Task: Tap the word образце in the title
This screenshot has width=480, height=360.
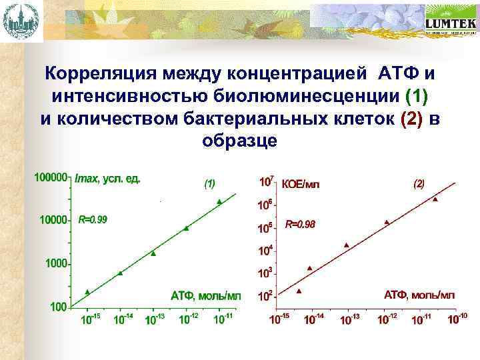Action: (x=239, y=141)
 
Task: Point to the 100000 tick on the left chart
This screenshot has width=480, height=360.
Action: (x=50, y=178)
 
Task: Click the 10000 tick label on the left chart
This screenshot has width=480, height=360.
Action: (x=53, y=220)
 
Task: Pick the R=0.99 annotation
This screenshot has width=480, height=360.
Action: (x=93, y=219)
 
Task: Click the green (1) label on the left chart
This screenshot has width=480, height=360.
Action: (x=209, y=183)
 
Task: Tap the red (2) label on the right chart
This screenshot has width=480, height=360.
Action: (x=419, y=183)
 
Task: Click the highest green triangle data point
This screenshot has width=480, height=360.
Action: (x=219, y=201)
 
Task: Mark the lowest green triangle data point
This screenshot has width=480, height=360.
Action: (x=87, y=292)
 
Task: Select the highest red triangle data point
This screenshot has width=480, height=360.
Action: (x=435, y=199)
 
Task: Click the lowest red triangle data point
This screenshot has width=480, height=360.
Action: (x=299, y=291)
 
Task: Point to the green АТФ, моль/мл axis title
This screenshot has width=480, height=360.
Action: (x=205, y=294)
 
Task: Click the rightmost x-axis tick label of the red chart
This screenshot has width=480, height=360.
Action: (x=456, y=319)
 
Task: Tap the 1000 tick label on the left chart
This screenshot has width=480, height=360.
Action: (x=56, y=263)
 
